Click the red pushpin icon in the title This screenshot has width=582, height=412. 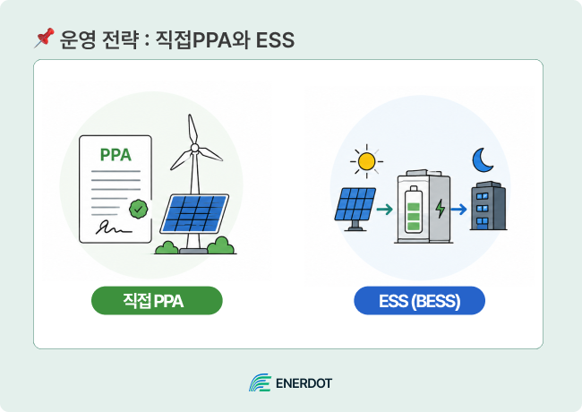click(x=44, y=38)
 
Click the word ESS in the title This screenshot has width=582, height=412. click(x=275, y=40)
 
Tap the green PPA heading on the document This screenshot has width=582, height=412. click(x=116, y=155)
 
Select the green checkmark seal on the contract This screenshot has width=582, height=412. click(x=139, y=209)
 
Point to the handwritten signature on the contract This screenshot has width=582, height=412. click(x=114, y=227)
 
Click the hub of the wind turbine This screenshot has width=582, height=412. click(x=194, y=148)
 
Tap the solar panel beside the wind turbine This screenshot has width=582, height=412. click(x=194, y=213)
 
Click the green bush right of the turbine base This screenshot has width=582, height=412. click(x=221, y=245)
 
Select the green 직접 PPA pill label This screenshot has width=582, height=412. click(x=157, y=301)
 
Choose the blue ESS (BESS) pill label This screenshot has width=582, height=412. click(x=419, y=301)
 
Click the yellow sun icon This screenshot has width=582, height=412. click(x=367, y=161)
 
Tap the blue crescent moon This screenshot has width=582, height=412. click(x=482, y=160)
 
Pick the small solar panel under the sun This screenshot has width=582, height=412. click(x=355, y=209)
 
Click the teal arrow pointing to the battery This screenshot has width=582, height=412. click(x=384, y=210)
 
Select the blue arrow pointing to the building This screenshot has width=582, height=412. click(x=458, y=210)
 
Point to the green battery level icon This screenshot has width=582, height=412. click(x=413, y=210)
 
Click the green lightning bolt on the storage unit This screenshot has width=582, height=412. click(x=441, y=209)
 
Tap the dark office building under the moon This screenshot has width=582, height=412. click(x=488, y=206)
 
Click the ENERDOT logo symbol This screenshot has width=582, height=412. click(x=261, y=382)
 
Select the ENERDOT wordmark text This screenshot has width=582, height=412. click(x=304, y=383)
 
